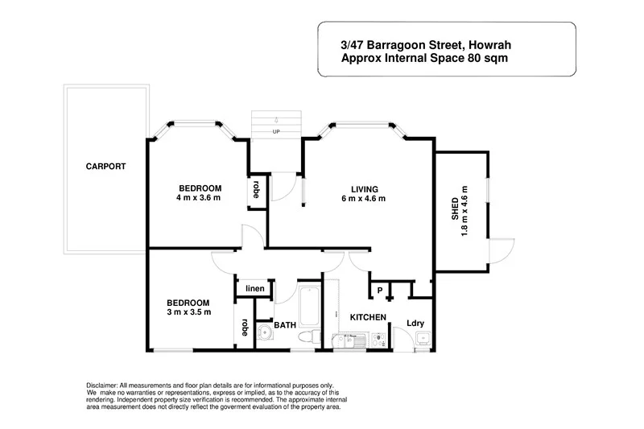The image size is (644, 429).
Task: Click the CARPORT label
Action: (106, 167)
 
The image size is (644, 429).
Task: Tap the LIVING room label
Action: (364, 188)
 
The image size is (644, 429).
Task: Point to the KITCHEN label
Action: (368, 317)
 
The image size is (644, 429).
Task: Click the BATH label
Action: (285, 325)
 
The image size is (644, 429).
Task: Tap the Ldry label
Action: (415, 324)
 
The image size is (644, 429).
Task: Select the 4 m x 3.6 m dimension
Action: (198, 198)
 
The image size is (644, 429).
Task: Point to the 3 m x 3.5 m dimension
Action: (188, 312)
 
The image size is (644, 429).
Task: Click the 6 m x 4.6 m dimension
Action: (364, 199)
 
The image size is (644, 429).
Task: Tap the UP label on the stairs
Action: (276, 132)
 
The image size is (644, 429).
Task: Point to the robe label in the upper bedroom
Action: (256, 189)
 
